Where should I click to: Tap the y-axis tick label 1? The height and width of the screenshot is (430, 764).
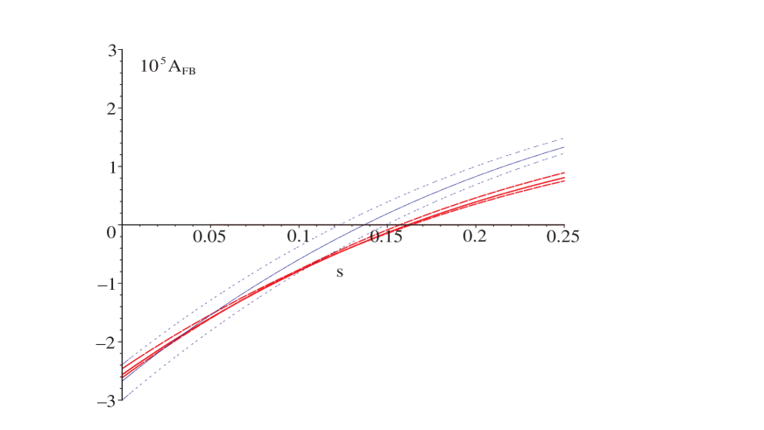pyautogui.click(x=114, y=166)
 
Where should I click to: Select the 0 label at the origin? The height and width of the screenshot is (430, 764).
pyautogui.click(x=113, y=232)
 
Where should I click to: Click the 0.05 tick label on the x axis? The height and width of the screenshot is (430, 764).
pyautogui.click(x=209, y=237)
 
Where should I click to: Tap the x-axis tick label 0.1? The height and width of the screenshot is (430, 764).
pyautogui.click(x=299, y=237)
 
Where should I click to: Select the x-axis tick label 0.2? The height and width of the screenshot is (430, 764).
pyautogui.click(x=475, y=237)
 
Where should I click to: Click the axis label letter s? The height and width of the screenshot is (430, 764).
pyautogui.click(x=340, y=272)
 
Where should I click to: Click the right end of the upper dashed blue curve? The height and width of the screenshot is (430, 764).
pyautogui.click(x=563, y=138)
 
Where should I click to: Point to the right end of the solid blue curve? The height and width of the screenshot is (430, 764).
pyautogui.click(x=563, y=147)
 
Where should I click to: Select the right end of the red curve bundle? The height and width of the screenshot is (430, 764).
pyautogui.click(x=563, y=177)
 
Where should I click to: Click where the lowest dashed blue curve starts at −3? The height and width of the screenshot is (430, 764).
pyautogui.click(x=122, y=399)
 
